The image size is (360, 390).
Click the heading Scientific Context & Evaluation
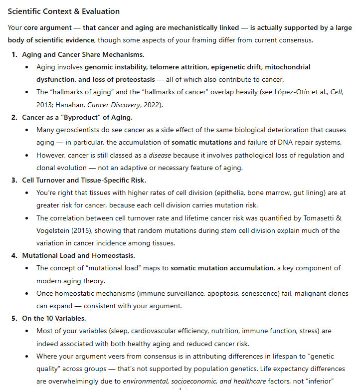pos(63,11)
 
